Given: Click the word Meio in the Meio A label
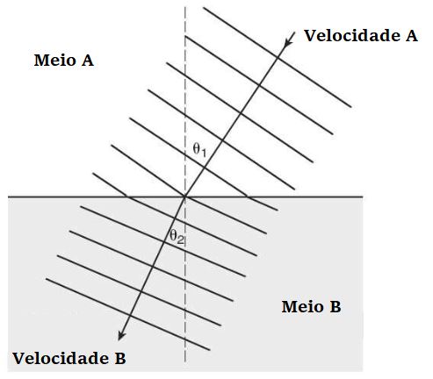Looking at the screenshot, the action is tap(54, 61).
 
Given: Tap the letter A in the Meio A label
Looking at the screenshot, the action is tap(88, 61).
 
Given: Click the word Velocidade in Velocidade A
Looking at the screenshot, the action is tap(352, 36).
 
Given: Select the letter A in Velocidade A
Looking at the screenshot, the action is tap(411, 36).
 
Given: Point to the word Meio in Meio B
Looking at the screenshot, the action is tap(302, 307).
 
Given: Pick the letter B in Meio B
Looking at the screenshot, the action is tap(336, 307).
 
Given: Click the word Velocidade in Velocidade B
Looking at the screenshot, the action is tap(61, 358).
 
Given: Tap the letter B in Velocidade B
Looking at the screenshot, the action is tap(120, 358).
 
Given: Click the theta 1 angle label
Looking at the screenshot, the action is tap(200, 150).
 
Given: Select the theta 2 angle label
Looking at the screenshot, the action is tap(177, 237).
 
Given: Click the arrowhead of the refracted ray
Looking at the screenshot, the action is tap(121, 335).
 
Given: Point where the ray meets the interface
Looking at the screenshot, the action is tap(185, 197).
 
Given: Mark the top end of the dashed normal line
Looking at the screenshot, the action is tap(185, 6).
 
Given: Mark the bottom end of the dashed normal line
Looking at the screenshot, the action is tap(185, 362).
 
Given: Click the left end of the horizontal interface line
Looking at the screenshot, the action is tap(8, 197).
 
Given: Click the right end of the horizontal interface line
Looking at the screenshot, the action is tap(363, 197).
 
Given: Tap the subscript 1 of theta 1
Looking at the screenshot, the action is tap(204, 153).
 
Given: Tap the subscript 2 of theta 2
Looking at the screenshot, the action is tap(181, 240).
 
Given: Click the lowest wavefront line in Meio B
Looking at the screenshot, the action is tap(128, 314).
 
